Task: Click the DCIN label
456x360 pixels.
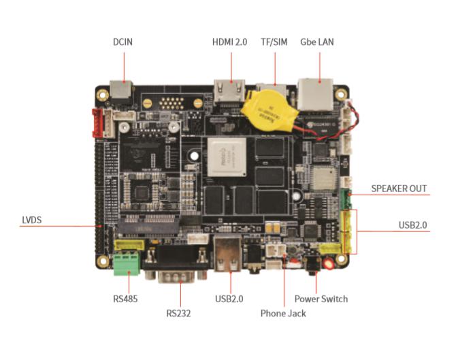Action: click(x=123, y=42)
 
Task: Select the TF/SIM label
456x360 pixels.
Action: click(x=274, y=42)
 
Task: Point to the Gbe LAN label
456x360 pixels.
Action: click(x=317, y=42)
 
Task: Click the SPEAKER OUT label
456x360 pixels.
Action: click(x=400, y=188)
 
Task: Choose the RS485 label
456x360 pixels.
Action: click(x=126, y=298)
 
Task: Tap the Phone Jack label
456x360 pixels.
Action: click(x=283, y=314)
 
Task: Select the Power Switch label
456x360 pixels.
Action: click(x=321, y=299)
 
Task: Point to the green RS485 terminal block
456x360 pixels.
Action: click(x=127, y=263)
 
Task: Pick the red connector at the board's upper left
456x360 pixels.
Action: click(x=102, y=122)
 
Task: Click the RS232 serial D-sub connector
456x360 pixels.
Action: click(x=179, y=271)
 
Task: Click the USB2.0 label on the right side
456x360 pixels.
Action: click(x=414, y=225)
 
